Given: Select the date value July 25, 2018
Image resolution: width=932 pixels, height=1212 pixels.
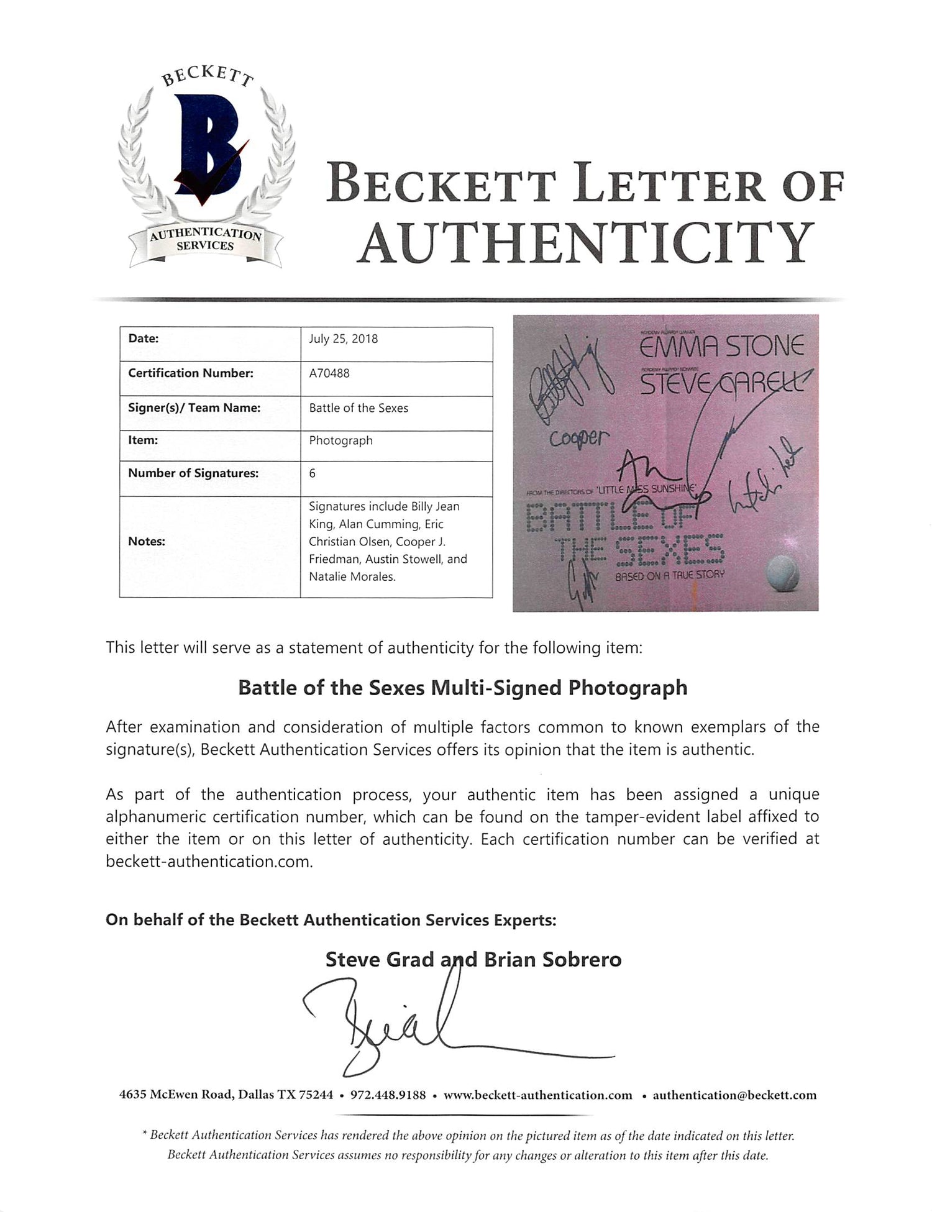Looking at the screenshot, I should tap(343, 339).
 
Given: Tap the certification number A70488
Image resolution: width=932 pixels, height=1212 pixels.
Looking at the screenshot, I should tap(329, 373).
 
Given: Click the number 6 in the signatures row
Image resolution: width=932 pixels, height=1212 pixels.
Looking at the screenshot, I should tap(312, 473).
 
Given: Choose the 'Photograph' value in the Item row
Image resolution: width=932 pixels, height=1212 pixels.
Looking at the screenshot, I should tap(340, 440).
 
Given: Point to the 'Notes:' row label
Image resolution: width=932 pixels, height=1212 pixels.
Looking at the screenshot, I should tap(146, 541).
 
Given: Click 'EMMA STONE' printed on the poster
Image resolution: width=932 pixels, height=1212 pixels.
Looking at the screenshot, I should tap(722, 347).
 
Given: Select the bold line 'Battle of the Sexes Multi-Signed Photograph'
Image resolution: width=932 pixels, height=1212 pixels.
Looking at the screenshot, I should tap(463, 688).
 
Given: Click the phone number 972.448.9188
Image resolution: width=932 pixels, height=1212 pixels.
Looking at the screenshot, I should tap(388, 1095).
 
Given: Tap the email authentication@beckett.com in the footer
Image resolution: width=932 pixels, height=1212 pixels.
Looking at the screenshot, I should tap(734, 1095).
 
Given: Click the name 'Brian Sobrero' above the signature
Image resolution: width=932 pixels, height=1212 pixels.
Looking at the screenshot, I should tap(552, 959).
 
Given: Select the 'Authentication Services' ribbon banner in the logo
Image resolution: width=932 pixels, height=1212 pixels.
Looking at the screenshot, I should tap(205, 240).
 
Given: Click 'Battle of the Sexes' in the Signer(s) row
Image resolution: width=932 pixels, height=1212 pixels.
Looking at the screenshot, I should tap(359, 408).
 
